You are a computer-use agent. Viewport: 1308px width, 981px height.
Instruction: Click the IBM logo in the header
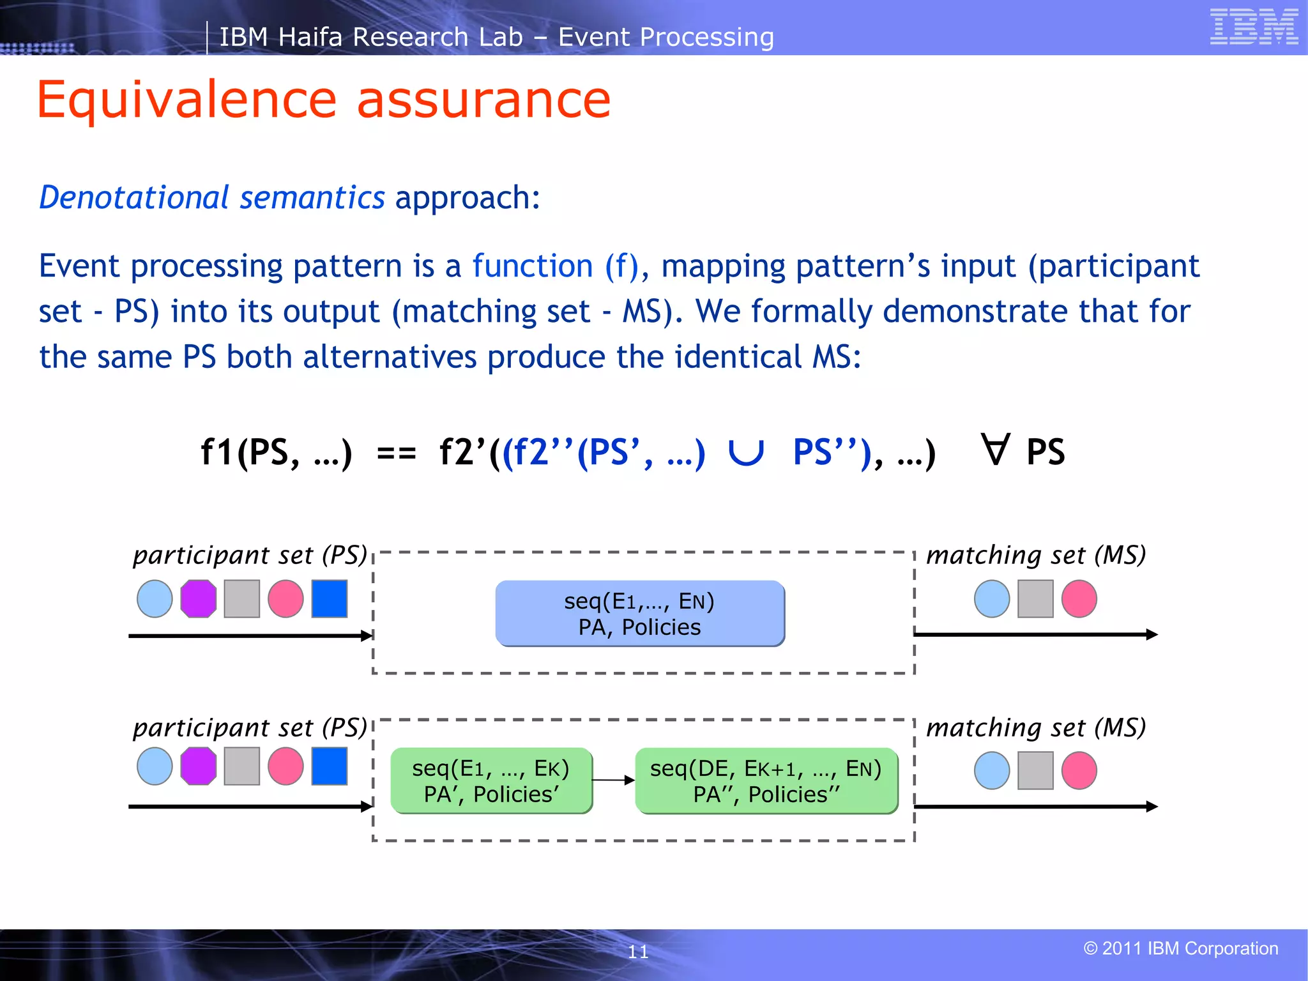[1254, 27]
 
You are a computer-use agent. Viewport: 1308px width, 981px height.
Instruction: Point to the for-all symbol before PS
[996, 450]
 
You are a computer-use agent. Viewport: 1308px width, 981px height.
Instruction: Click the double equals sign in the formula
[396, 454]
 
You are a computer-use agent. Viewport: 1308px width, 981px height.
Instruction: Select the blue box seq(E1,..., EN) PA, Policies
[640, 614]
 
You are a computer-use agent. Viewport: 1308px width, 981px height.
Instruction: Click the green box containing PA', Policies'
[491, 780]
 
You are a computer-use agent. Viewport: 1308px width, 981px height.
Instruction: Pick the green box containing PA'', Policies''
[766, 780]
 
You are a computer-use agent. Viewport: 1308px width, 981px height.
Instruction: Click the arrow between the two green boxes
[613, 780]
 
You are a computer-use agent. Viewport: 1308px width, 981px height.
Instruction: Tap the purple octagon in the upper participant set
[199, 598]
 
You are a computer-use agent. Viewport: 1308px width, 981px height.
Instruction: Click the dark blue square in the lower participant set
[330, 766]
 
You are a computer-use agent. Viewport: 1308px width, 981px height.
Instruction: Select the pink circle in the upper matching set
[1079, 598]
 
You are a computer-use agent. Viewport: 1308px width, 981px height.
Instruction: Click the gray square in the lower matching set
[1035, 770]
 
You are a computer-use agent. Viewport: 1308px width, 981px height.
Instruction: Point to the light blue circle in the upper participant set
[155, 598]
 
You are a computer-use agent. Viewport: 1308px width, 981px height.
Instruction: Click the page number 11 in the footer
[638, 952]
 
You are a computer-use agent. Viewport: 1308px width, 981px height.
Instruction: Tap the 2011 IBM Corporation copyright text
[1181, 948]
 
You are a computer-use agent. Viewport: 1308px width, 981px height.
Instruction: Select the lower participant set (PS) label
[250, 727]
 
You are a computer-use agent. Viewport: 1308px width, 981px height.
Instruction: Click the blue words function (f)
[556, 266]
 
